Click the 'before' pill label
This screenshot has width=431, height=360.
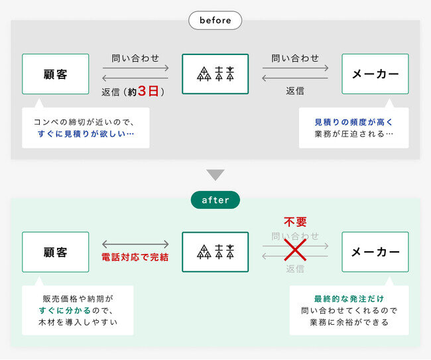215,21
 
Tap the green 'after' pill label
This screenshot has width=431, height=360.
215,200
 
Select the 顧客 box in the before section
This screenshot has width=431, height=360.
56,74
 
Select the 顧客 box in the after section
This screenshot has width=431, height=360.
56,252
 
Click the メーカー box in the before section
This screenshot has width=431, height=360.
375,74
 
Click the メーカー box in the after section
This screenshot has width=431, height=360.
375,252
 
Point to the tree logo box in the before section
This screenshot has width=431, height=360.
215,74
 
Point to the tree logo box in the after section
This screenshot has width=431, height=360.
215,252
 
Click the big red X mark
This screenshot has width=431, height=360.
295,250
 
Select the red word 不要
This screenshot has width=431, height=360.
295,222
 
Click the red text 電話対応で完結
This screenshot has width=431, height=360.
135,257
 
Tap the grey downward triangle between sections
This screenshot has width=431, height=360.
215,175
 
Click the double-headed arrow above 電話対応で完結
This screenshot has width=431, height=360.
135,244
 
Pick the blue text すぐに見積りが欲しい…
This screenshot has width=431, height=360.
86,134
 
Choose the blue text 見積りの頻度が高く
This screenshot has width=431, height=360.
354,122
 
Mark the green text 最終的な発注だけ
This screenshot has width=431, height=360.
349,299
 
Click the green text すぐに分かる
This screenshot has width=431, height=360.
64,310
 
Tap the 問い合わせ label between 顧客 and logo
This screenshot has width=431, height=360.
135,58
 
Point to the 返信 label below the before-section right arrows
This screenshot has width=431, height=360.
295,91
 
